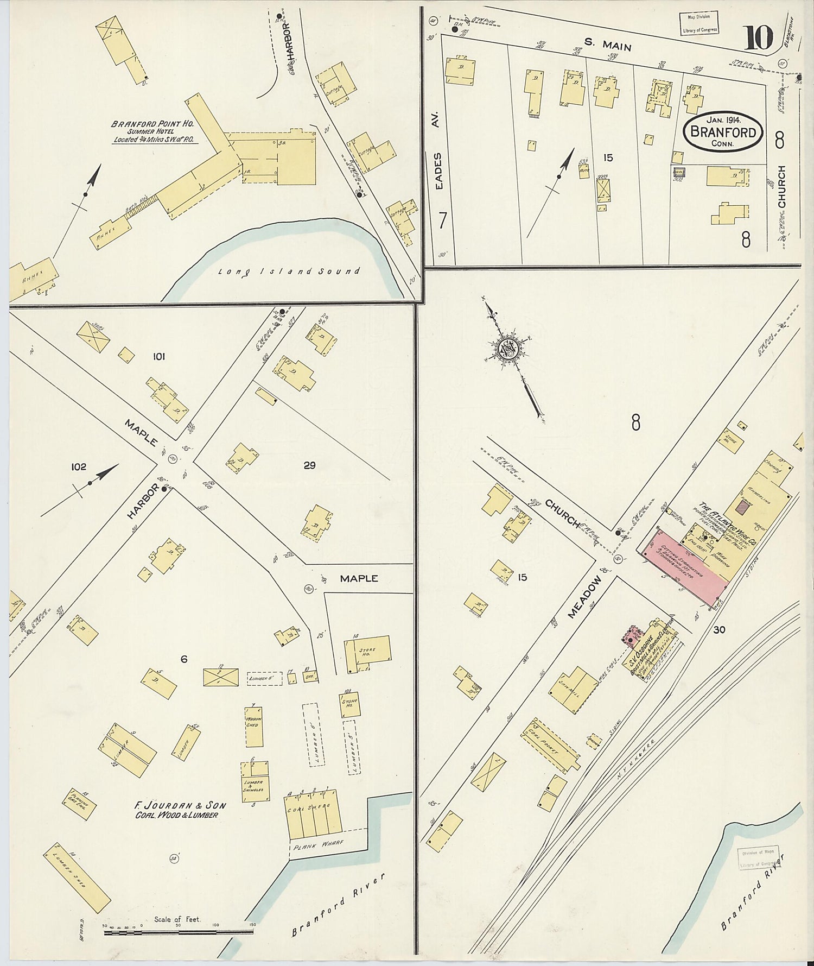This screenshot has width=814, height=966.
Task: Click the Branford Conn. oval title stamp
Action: [x=723, y=132]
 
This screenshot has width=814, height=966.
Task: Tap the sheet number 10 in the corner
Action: [x=759, y=38]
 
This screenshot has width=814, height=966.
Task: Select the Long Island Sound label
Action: [x=289, y=271]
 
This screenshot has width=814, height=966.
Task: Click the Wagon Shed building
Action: [x=253, y=726]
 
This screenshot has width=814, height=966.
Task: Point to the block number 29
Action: [x=309, y=465]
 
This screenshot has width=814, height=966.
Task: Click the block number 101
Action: [x=159, y=357]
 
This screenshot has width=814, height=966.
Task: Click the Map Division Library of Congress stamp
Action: [x=698, y=23]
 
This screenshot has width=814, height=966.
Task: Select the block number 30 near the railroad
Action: [x=720, y=630]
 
